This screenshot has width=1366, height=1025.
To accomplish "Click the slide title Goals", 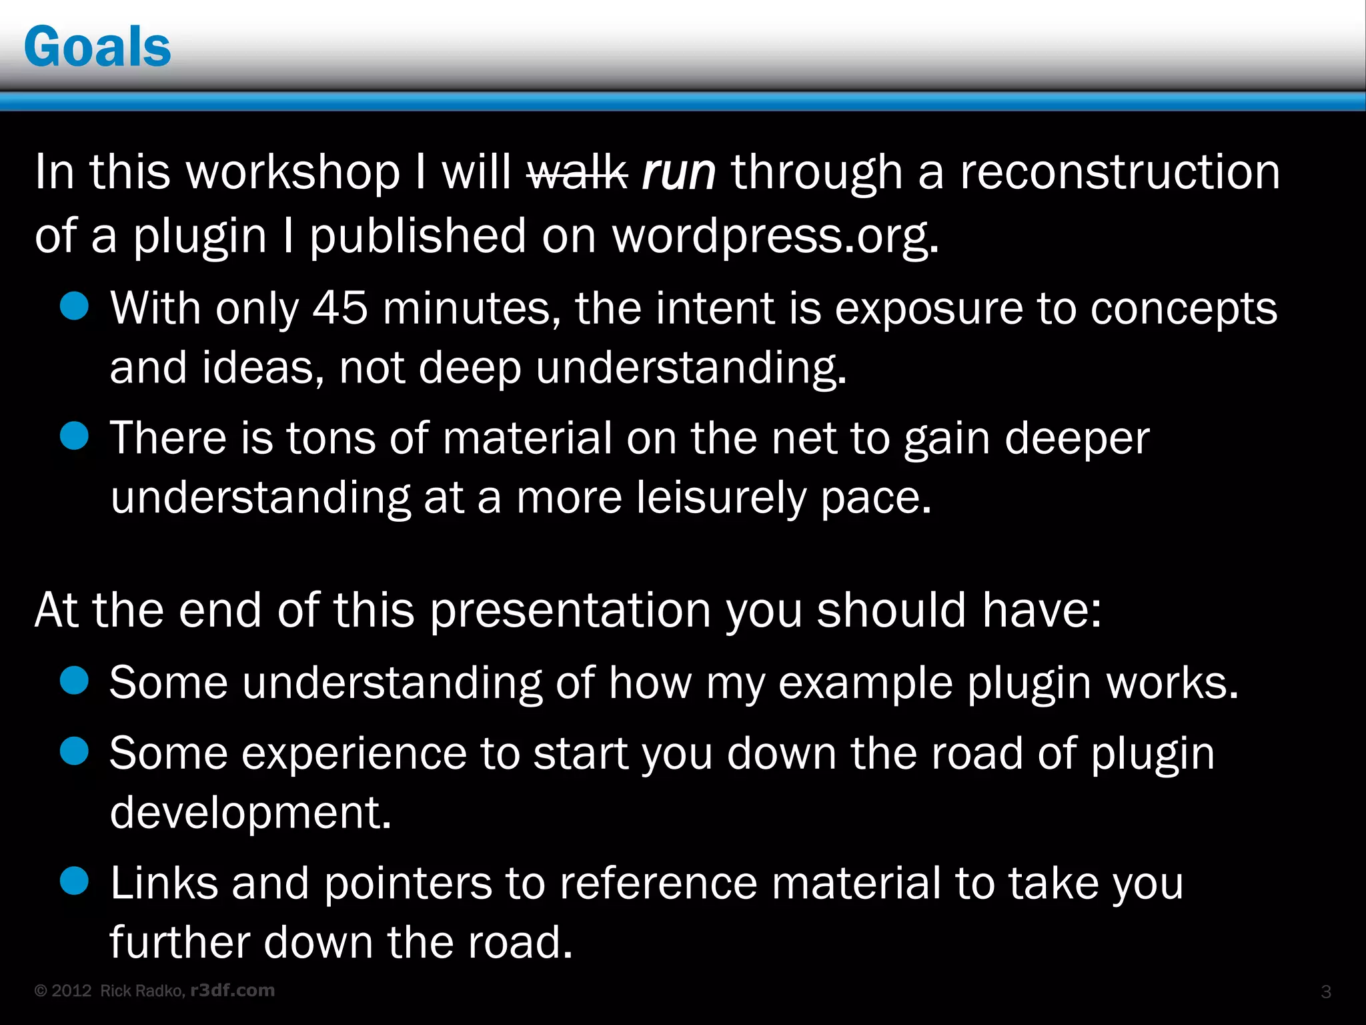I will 97,47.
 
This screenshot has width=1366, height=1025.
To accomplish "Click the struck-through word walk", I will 576,172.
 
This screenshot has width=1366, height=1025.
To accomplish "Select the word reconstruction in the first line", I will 1120,172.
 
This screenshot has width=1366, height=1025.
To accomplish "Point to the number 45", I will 340,308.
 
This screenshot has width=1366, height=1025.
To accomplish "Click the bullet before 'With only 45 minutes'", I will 74,306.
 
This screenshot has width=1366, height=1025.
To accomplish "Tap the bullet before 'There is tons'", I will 74,436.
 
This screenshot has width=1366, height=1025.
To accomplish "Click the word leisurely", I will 720,498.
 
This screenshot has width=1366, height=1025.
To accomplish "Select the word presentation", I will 570,611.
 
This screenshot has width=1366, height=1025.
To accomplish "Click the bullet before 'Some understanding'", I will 74,681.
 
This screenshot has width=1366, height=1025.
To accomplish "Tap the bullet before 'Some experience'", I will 74,751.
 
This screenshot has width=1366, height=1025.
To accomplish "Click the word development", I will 250,813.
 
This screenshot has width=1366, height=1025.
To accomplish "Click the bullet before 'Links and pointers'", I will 74,880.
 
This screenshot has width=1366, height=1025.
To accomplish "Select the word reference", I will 658,883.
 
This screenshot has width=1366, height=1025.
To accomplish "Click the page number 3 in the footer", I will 1326,992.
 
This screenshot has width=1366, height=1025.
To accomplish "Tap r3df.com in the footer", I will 232,990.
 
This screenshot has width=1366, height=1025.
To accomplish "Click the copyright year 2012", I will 71,991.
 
